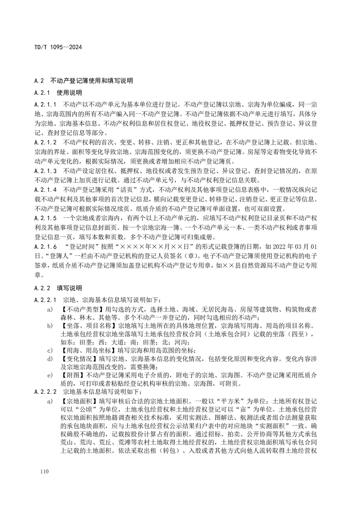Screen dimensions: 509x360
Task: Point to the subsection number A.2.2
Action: click(x=42, y=289)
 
